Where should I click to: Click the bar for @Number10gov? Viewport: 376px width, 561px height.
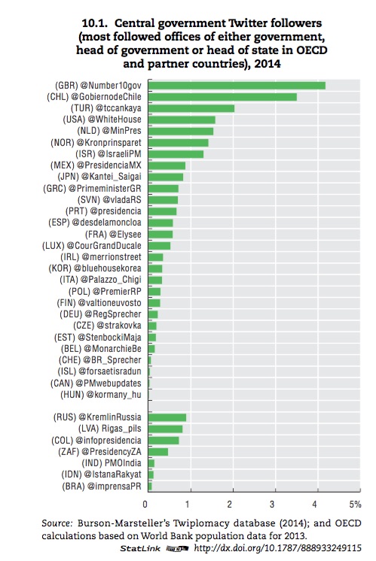coord(237,86)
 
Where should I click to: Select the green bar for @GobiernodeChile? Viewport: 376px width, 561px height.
coord(222,97)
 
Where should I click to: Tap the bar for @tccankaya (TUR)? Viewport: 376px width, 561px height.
coord(191,108)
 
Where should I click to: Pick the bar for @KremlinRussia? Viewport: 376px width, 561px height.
coord(167,417)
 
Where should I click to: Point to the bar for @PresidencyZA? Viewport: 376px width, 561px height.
coord(158,452)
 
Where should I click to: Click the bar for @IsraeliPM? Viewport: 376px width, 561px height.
coord(176,154)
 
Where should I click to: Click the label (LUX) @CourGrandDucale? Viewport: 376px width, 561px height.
coord(92,246)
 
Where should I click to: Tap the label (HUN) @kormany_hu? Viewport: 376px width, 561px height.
coord(101,395)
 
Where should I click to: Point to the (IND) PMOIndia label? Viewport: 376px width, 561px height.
coord(112,463)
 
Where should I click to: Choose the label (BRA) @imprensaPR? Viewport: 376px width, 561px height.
coord(102,487)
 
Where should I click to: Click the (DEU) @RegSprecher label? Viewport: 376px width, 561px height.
coord(100,314)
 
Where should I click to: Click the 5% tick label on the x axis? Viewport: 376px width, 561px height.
coord(355,505)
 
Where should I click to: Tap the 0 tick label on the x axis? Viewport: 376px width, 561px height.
coord(145,505)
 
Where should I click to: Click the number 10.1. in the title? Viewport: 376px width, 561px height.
coord(94,23)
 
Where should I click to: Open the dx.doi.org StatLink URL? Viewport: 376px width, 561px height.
coord(278,548)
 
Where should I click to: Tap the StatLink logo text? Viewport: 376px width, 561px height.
coord(140,548)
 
